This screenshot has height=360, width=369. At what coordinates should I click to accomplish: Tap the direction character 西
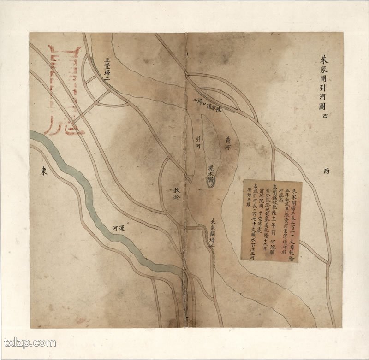pos(326,171)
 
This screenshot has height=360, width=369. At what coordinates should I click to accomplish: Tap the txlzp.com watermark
pos(30,342)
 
